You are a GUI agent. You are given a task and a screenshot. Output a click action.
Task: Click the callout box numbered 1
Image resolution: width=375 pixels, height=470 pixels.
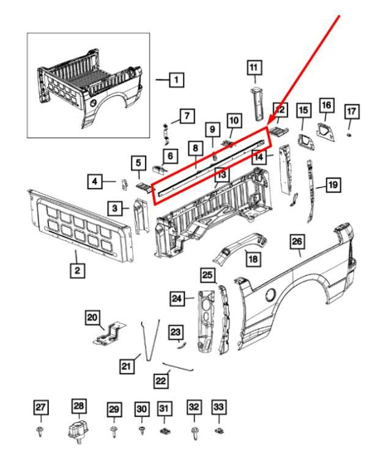click(176, 79)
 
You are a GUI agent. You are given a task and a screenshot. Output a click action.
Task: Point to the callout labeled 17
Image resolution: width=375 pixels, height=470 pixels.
click(351, 111)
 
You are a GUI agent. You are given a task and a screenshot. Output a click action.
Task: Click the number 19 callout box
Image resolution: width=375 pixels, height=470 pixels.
click(332, 184)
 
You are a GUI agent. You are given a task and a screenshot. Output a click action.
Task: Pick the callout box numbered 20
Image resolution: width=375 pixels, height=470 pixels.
click(92, 317)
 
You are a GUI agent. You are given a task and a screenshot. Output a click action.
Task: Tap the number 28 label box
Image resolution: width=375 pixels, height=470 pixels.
click(80, 406)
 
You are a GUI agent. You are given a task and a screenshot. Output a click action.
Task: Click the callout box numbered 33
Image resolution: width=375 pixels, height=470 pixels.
click(219, 407)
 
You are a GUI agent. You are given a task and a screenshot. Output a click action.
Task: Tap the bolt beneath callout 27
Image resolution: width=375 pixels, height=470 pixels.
click(40, 432)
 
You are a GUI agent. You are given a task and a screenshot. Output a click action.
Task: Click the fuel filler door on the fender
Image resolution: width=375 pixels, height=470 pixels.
click(270, 296)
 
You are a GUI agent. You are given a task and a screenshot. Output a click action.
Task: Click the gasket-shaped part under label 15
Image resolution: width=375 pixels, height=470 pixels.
click(304, 140)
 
